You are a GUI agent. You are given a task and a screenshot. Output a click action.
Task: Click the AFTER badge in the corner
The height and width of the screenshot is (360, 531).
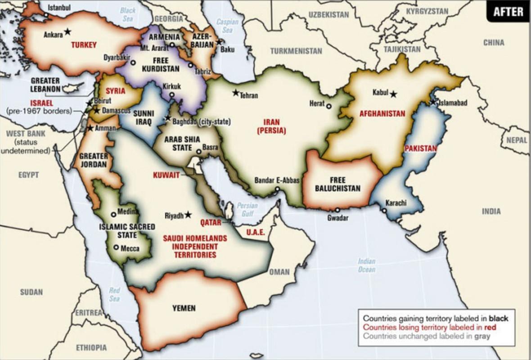(508, 12)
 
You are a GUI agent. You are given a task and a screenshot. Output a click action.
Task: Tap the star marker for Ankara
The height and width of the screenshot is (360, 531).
(67, 31)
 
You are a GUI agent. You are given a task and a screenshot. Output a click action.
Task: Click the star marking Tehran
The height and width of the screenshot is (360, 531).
(235, 93)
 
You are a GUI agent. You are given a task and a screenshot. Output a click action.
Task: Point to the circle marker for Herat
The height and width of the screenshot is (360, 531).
(329, 106)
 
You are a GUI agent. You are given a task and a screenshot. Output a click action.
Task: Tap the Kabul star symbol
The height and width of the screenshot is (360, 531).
(394, 94)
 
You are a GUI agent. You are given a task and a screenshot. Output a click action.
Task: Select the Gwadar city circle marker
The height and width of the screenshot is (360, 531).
(337, 210)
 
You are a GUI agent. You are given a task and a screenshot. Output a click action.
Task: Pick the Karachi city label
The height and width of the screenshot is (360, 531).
(396, 203)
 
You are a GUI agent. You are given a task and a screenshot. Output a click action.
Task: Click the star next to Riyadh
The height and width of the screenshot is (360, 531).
(188, 215)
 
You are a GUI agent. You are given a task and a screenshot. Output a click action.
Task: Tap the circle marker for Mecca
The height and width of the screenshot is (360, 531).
(116, 247)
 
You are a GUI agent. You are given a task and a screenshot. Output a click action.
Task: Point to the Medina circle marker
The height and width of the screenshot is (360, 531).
(113, 214)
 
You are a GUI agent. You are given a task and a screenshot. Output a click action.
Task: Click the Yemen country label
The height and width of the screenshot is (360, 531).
(184, 308)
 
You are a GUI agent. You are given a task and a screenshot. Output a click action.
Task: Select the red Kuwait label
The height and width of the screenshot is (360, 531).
(166, 175)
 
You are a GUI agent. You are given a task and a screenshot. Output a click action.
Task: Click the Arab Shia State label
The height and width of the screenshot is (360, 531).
(182, 143)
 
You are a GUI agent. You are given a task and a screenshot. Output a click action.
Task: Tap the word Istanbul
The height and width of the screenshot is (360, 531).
(59, 8)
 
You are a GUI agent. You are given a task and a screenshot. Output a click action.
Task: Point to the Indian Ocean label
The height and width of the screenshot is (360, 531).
(367, 265)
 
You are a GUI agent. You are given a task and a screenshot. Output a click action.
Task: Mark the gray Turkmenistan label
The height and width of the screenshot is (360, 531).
(296, 51)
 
